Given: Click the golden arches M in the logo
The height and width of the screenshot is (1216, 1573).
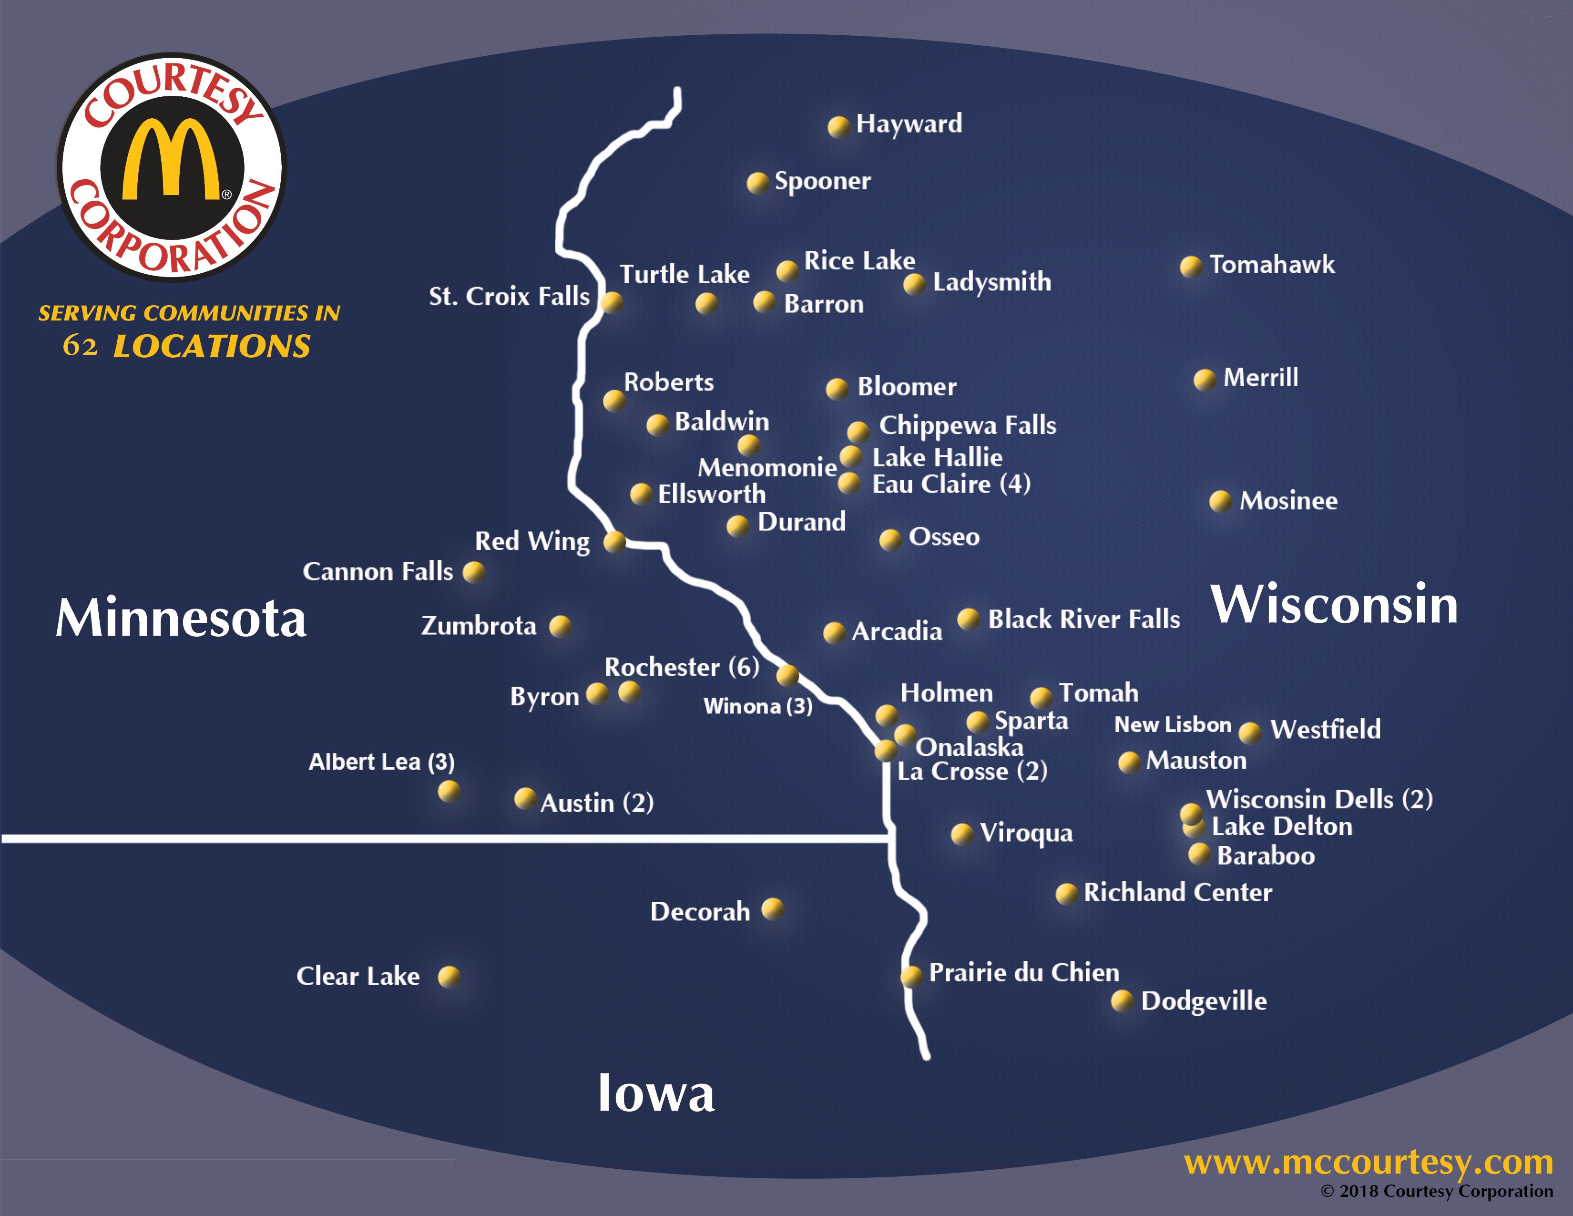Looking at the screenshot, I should tap(172, 160).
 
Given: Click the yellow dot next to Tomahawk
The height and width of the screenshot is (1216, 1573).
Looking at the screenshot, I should tap(1191, 267).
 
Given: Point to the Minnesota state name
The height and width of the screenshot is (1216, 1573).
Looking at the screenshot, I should tap(182, 618).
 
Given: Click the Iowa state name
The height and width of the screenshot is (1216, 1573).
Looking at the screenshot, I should tap(656, 1093).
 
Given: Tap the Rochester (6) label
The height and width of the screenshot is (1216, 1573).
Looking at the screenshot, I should tap(681, 667).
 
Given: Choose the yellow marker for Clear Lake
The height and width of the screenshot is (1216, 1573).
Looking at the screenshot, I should tap(449, 977).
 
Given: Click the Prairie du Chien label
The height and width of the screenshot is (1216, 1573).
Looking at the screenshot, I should tap(1023, 972).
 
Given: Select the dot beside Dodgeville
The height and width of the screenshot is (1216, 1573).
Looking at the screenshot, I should tap(1122, 1000).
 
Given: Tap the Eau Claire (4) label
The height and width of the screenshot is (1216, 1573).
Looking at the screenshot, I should tap(951, 484).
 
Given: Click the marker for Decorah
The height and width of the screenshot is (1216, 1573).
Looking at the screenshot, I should tap(772, 909).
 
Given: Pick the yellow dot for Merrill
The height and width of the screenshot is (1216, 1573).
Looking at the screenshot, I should tap(1204, 379).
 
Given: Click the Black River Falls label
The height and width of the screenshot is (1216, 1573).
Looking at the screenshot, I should tap(1083, 619).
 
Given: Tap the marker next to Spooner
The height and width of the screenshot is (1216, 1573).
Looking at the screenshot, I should tap(757, 183).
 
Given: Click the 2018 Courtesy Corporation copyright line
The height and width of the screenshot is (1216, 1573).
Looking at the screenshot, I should tap(1436, 1192).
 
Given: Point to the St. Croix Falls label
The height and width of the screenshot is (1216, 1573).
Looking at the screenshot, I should tap(509, 296).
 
